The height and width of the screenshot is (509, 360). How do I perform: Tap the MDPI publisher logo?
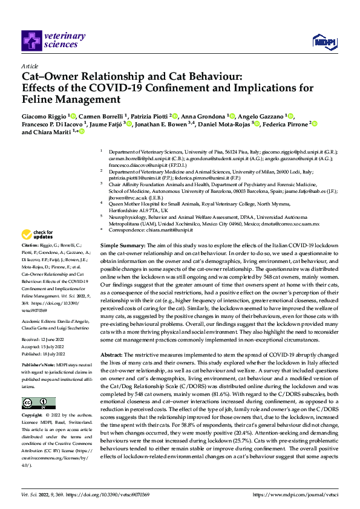point(321,41)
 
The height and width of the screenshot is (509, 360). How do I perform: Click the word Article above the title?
point(30,66)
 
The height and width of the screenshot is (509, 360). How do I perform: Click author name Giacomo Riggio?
point(44,115)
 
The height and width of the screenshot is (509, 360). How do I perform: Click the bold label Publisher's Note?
point(40,366)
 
